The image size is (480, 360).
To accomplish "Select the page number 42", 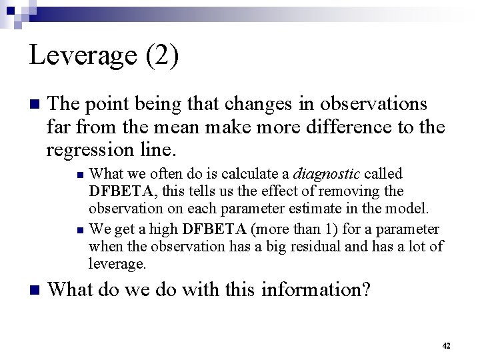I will pos(446,345).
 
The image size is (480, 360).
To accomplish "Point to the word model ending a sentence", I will pos(410,208).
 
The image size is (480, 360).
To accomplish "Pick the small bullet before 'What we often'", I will pos(79,175).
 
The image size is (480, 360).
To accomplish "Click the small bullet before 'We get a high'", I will pos(79,231).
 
